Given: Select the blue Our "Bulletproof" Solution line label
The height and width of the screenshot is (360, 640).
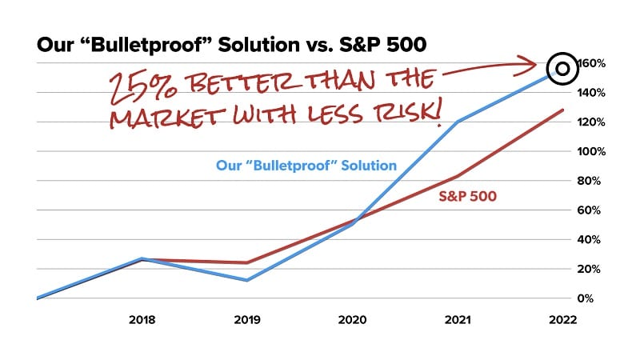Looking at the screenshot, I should [306, 166].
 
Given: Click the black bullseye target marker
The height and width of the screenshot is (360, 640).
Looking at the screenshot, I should [562, 69].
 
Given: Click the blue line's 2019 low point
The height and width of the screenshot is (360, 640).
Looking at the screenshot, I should [247, 280].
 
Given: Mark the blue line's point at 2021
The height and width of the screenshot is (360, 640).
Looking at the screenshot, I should [458, 122].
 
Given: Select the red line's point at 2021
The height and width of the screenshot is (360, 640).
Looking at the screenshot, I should [458, 176].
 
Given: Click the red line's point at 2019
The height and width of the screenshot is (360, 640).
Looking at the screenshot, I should [247, 262].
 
